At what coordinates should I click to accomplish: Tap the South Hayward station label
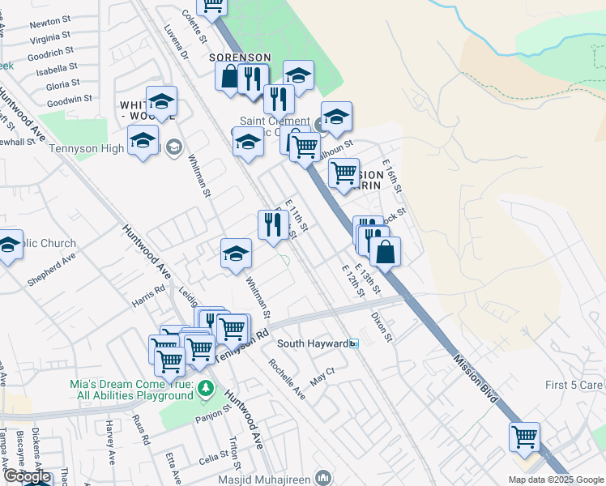(x=313, y=343)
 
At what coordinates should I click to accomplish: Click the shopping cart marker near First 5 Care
(x=524, y=437)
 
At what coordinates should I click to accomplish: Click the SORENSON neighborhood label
(x=240, y=58)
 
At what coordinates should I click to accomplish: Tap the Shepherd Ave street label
(x=51, y=271)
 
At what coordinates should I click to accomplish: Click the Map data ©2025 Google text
(x=555, y=480)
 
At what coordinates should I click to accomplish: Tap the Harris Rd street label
(x=149, y=296)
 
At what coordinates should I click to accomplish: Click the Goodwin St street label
(x=70, y=100)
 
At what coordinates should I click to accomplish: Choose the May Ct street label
(x=322, y=375)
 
